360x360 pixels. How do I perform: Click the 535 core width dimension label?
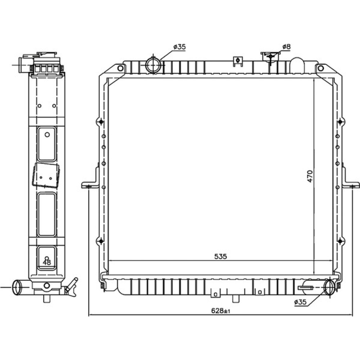click(x=220, y=256)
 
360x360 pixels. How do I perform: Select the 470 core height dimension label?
click(x=310, y=176)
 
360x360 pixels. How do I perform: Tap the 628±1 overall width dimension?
click(x=221, y=311)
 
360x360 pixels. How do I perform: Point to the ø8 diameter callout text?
click(x=286, y=47)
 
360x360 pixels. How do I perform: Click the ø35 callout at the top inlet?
click(x=180, y=47)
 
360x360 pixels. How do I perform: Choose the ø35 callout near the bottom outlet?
click(x=300, y=302)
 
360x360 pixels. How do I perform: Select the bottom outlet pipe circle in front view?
click(x=330, y=287)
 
